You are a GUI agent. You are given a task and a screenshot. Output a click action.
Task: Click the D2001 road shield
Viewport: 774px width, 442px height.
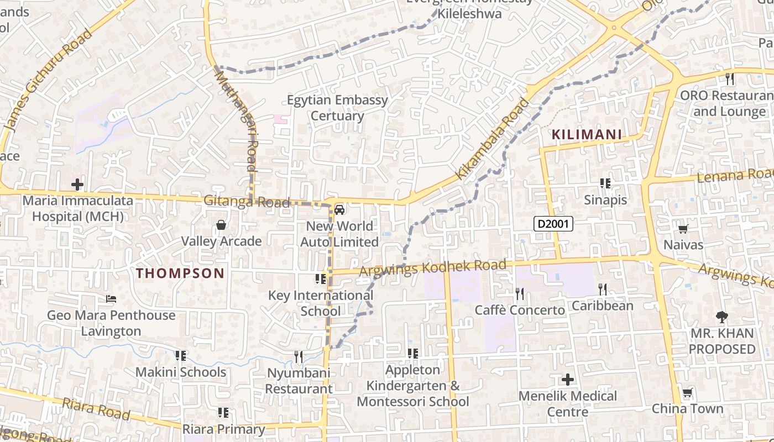point(553,224)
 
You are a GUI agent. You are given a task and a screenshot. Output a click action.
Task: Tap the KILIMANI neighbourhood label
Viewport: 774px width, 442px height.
point(587,134)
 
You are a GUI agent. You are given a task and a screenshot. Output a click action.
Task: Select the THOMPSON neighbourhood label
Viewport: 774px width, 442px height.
point(180,273)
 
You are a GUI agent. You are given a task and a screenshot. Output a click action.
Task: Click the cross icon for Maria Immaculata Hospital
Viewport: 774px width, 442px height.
point(77,184)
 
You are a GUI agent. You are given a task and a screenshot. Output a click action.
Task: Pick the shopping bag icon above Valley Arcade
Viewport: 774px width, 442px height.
point(221,225)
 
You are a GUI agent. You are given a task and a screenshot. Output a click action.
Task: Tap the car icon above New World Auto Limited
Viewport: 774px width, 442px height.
point(339,210)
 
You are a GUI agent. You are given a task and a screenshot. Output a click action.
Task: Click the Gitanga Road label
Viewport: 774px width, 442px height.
point(247,202)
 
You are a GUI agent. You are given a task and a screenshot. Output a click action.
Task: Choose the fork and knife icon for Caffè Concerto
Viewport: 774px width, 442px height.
point(519,293)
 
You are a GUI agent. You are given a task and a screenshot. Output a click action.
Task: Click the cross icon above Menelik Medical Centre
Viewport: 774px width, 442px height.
point(567,380)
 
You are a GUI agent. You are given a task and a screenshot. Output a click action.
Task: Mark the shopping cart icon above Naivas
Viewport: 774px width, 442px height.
point(683,228)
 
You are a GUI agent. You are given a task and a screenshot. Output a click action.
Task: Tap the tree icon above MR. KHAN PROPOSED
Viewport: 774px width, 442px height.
point(721,317)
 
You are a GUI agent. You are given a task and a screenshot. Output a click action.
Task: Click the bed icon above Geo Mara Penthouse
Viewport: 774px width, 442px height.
point(111,299)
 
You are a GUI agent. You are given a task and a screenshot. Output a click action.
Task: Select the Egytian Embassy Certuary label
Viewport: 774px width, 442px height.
point(337,108)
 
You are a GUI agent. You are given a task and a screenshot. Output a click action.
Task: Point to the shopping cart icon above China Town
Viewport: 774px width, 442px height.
point(687,393)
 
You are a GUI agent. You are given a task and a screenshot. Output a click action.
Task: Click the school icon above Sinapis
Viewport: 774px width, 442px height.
point(605,183)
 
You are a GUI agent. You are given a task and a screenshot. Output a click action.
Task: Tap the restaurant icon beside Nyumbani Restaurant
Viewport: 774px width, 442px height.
point(299,356)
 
